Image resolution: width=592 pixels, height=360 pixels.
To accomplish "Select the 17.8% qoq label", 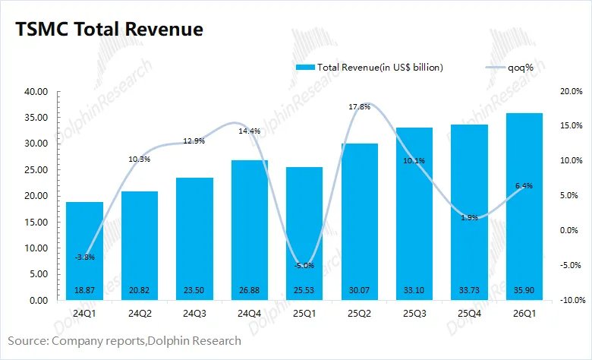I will pyautogui.click(x=359, y=107).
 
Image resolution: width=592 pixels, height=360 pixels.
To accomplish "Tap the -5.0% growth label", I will pyautogui.click(x=304, y=265).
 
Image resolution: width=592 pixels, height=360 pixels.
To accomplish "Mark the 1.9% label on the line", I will pyautogui.click(x=469, y=217).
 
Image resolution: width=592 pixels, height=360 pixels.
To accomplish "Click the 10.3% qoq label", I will pyautogui.click(x=140, y=159).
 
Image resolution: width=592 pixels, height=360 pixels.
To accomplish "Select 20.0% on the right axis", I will pyautogui.click(x=571, y=92).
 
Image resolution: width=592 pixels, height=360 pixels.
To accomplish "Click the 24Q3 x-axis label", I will pyautogui.click(x=194, y=313).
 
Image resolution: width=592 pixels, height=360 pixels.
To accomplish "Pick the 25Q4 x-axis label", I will pyautogui.click(x=469, y=313).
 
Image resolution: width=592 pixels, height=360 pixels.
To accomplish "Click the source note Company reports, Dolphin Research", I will pyautogui.click(x=125, y=341).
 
